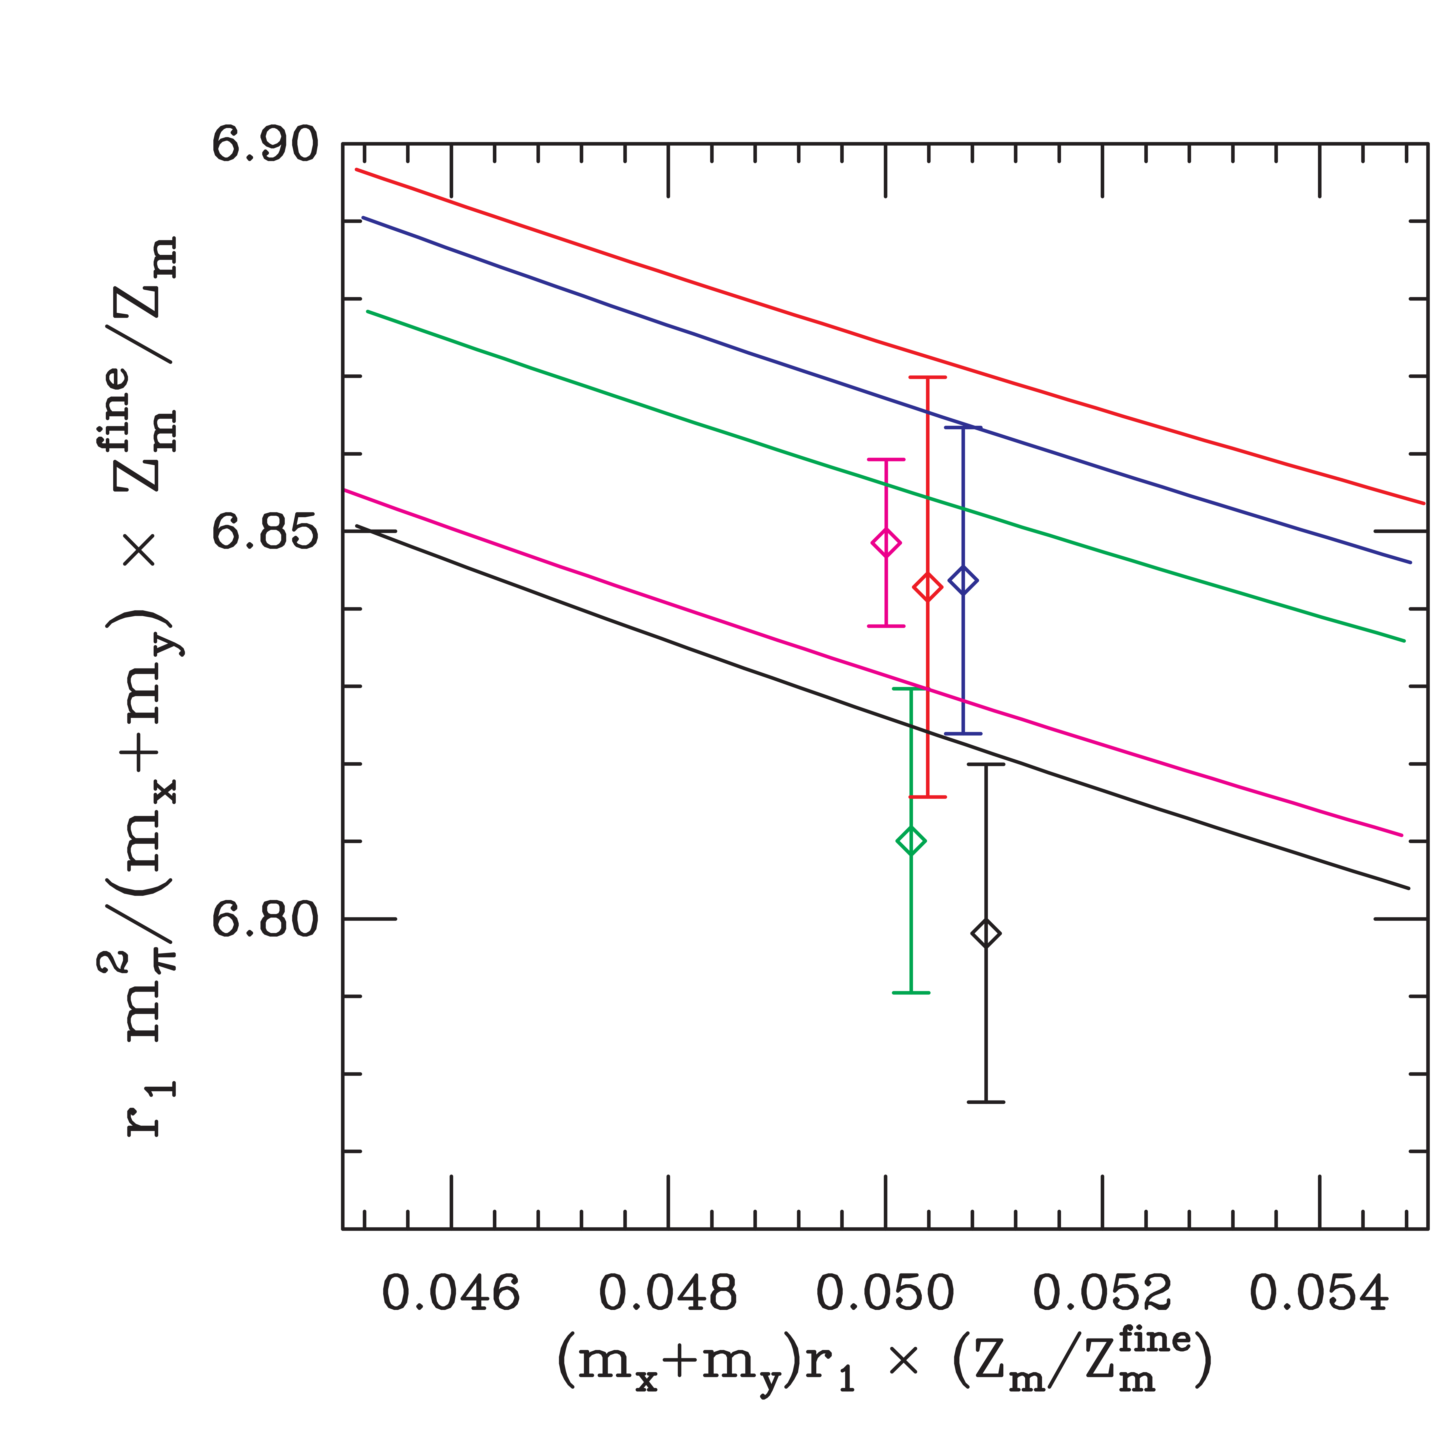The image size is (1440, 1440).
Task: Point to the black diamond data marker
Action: (985, 933)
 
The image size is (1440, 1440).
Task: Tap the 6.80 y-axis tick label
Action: (265, 920)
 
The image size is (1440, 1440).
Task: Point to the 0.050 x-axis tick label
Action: (885, 1293)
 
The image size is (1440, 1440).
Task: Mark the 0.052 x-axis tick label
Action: (1102, 1293)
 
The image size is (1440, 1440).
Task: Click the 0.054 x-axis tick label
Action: (1319, 1293)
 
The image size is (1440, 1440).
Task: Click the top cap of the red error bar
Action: (927, 378)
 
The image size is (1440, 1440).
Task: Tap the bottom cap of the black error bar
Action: (985, 1102)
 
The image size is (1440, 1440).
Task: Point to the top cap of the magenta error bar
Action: (885, 460)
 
